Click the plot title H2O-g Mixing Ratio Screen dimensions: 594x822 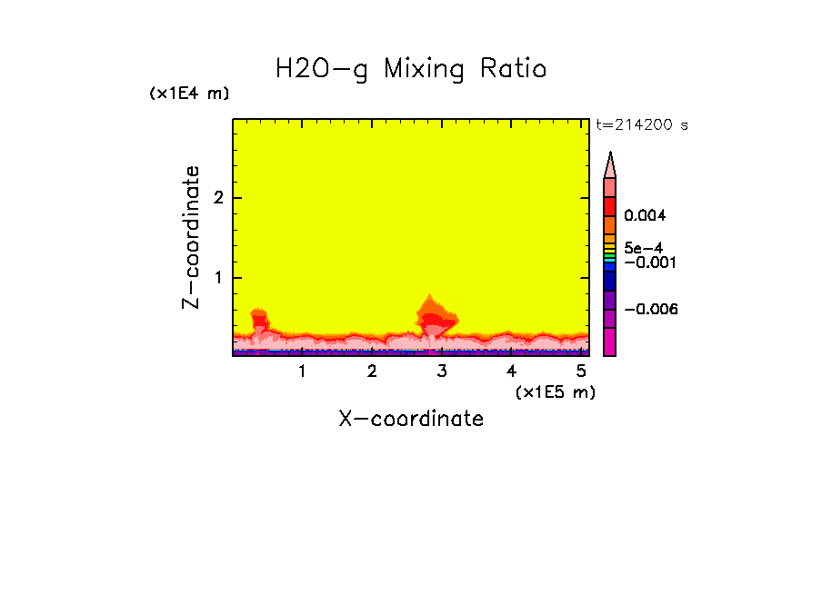(411, 69)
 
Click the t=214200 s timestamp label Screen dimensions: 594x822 (642, 125)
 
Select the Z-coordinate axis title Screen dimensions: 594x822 (191, 237)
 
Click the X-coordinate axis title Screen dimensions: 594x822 (411, 419)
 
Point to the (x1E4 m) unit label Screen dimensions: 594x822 (189, 94)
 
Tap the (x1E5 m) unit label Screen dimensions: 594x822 (555, 391)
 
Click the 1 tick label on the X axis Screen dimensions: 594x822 (303, 371)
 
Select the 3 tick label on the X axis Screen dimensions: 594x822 (442, 371)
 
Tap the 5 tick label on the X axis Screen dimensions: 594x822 (580, 371)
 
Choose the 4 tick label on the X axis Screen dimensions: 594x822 (511, 371)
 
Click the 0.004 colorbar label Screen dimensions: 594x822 (645, 216)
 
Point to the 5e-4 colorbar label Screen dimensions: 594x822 (643, 247)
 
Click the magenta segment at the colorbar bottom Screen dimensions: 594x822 (610, 342)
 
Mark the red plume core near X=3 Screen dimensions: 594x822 (437, 319)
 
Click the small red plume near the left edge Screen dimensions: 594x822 (259, 319)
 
